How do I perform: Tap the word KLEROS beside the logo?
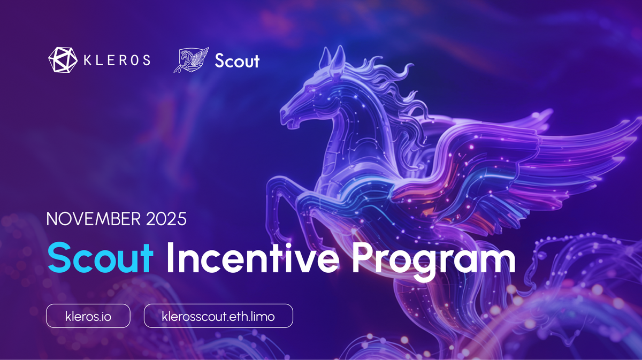pyautogui.click(x=117, y=60)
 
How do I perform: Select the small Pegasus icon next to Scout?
pyautogui.click(x=191, y=59)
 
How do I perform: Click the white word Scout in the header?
pyautogui.click(x=237, y=60)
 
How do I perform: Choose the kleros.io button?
pyautogui.click(x=88, y=316)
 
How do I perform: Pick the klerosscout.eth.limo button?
pyautogui.click(x=218, y=316)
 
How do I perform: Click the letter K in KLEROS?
pyautogui.click(x=87, y=60)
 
